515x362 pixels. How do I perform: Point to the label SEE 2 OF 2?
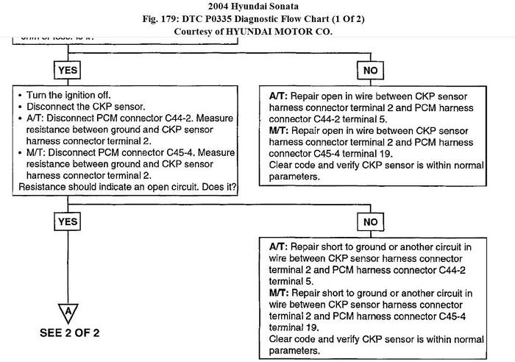[68, 332]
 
